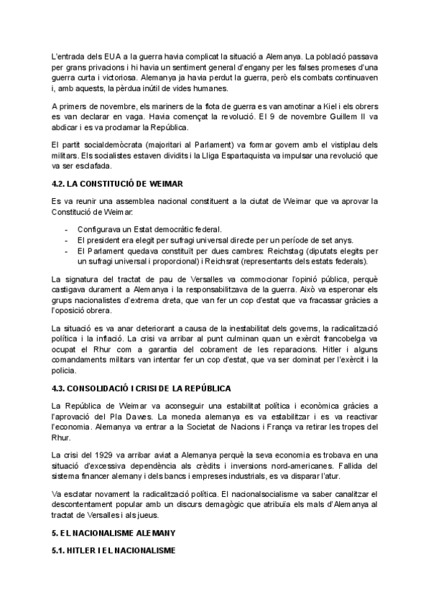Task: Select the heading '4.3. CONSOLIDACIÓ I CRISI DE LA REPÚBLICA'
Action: (x=142, y=388)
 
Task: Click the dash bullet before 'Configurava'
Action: (x=66, y=228)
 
